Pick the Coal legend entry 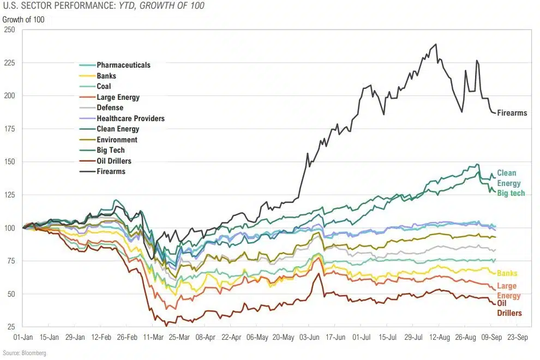tap(104, 87)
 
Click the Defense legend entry tap(110, 108)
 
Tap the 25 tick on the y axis tap(11, 327)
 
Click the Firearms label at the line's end tap(512, 113)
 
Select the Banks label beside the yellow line tap(507, 273)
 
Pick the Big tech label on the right tap(511, 194)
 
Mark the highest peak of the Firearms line tap(436, 44)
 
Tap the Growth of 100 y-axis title tap(23, 20)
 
